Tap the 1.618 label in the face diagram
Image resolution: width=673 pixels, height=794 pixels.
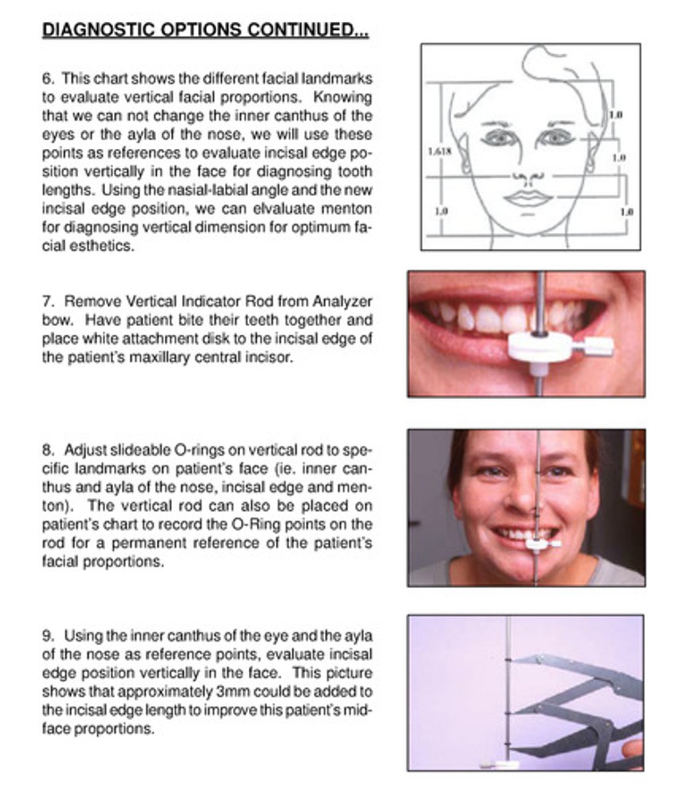coord(439,151)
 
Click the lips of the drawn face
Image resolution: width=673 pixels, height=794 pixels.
coord(528,198)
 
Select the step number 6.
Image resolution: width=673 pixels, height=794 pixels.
coord(48,79)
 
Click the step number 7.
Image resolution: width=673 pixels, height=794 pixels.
coord(48,302)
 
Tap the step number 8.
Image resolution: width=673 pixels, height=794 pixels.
coord(48,450)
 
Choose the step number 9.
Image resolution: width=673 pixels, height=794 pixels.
coord(48,636)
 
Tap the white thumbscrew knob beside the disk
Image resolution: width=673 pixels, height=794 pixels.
coord(600,346)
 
